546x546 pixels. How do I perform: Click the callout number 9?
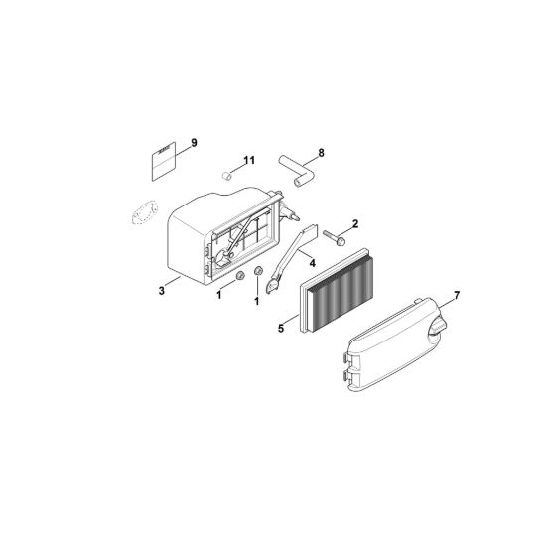[194, 143]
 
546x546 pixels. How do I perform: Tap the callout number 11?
[249, 160]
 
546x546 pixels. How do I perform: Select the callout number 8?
[321, 153]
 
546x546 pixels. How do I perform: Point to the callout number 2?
[355, 224]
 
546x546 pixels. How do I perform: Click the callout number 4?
[313, 263]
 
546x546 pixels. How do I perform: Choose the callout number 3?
[162, 291]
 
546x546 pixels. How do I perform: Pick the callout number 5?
[281, 328]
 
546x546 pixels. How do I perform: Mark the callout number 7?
[457, 296]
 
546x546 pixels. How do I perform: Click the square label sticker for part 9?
[163, 161]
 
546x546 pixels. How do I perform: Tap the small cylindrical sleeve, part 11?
[227, 175]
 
